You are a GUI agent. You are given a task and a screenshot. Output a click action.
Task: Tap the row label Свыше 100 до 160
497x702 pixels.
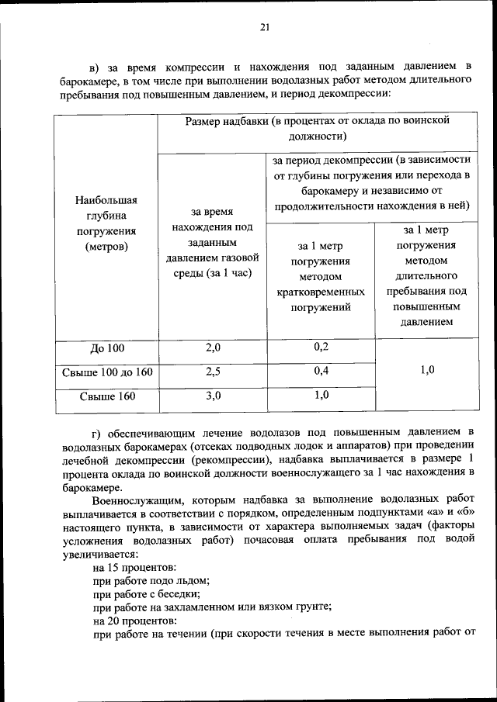tap(106, 372)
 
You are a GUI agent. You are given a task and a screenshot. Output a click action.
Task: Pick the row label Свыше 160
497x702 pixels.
tap(107, 396)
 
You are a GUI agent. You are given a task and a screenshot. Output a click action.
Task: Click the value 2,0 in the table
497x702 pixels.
tap(213, 348)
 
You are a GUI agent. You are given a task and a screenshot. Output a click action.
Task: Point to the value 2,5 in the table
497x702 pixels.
tap(213, 372)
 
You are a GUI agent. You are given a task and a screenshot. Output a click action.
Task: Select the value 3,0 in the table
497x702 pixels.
tap(213, 396)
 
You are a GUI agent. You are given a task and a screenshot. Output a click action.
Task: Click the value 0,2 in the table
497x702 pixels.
tap(321, 347)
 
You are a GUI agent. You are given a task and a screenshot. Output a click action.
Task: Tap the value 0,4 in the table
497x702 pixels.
tap(321, 371)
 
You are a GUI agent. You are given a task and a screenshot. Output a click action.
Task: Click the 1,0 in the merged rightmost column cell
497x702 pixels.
tap(427, 371)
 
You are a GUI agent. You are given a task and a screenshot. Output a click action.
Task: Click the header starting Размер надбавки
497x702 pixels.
tap(318, 128)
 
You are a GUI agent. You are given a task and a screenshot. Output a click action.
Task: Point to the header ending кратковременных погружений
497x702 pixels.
tap(321, 277)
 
